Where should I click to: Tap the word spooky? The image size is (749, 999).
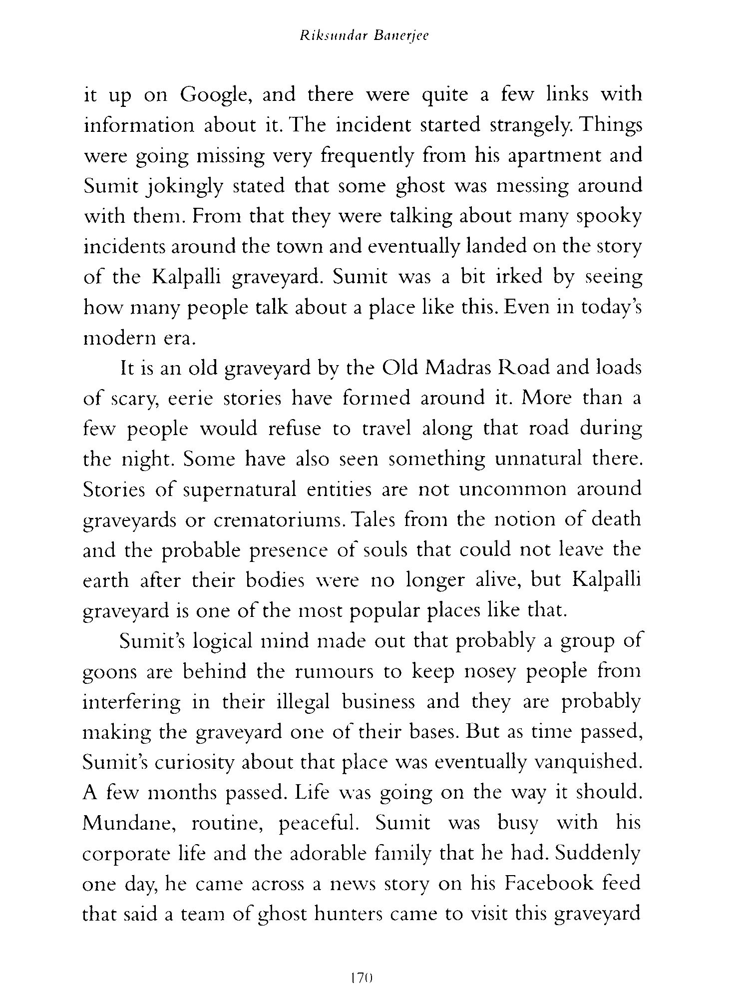[609, 217]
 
